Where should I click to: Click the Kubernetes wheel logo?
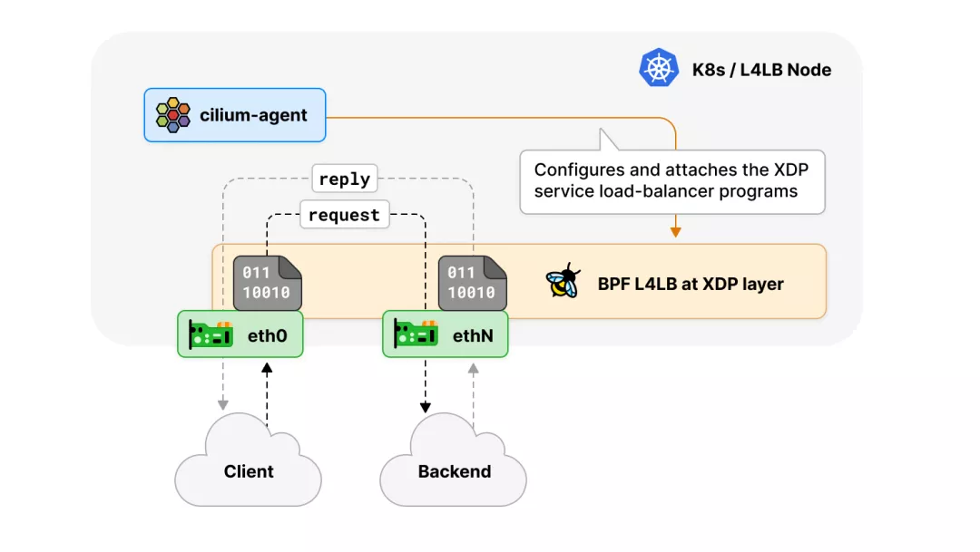tap(659, 69)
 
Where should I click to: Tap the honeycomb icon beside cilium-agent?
tap(172, 115)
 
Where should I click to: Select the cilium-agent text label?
tap(253, 115)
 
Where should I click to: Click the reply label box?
tap(344, 179)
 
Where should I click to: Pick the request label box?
tap(344, 216)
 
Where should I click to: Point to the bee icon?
tap(563, 283)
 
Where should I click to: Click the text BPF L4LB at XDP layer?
tap(691, 284)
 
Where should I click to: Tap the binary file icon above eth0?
tap(268, 282)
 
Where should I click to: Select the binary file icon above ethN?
tap(472, 282)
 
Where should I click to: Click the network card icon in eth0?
tap(211, 334)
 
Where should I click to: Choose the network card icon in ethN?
tap(416, 334)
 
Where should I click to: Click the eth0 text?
tap(268, 335)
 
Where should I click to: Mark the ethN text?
tap(473, 335)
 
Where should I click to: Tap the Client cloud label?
tap(249, 471)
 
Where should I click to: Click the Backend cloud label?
tap(455, 471)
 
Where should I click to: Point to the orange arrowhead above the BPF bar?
tap(675, 232)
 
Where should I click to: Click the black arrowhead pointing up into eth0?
tap(267, 367)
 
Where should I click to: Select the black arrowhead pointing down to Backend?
tap(426, 407)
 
